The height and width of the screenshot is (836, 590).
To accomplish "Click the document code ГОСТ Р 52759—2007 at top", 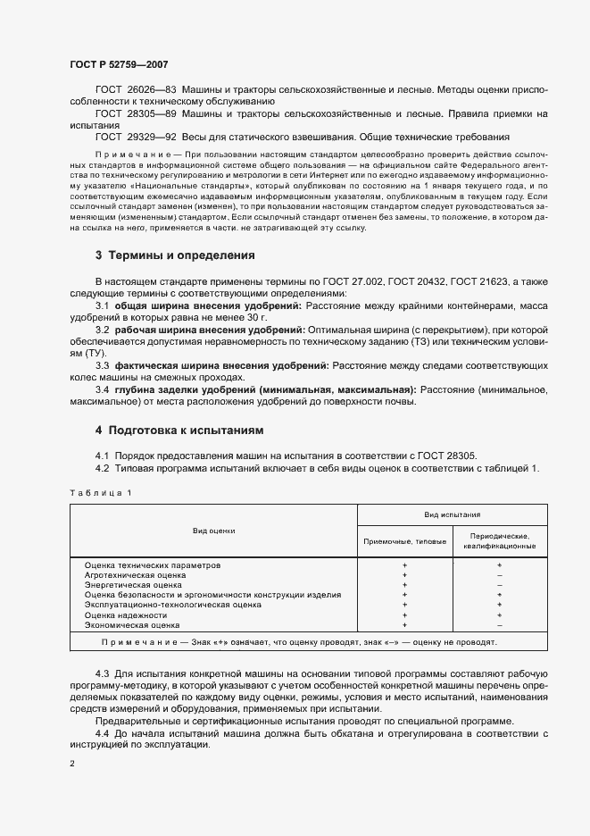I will click(118, 65).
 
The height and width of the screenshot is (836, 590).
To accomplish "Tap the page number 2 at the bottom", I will click(72, 764).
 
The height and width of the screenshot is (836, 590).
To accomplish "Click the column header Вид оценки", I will click(214, 531).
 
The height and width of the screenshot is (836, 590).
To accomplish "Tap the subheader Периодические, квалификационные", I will click(500, 541).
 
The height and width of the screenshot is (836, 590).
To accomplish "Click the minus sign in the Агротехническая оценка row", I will click(499, 575).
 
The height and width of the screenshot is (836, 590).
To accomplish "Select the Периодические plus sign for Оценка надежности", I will click(499, 614).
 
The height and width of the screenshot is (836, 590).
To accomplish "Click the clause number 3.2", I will click(102, 330).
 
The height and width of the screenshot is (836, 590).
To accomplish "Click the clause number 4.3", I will click(102, 672).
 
